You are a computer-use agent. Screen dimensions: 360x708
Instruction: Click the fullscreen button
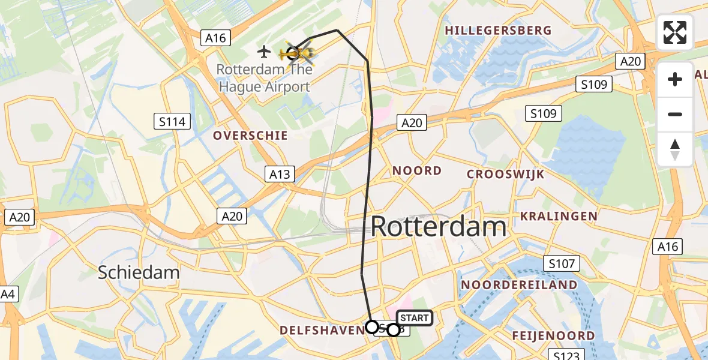[675, 32]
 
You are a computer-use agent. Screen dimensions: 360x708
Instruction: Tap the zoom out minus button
[675, 115]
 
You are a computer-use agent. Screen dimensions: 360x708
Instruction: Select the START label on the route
[414, 318]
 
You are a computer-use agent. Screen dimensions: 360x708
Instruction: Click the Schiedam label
[139, 272]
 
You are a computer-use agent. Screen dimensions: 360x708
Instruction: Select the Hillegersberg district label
[497, 30]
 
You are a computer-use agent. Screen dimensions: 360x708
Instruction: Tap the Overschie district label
[250, 136]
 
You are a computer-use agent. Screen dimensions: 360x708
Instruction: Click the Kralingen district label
[559, 216]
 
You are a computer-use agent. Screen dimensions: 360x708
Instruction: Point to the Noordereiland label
[520, 284]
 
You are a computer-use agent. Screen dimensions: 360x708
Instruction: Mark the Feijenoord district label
[553, 335]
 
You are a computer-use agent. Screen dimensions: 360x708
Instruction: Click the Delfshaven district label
[321, 329]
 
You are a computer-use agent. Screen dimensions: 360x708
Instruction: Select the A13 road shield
[279, 175]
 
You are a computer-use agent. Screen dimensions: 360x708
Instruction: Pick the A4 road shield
[7, 295]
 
